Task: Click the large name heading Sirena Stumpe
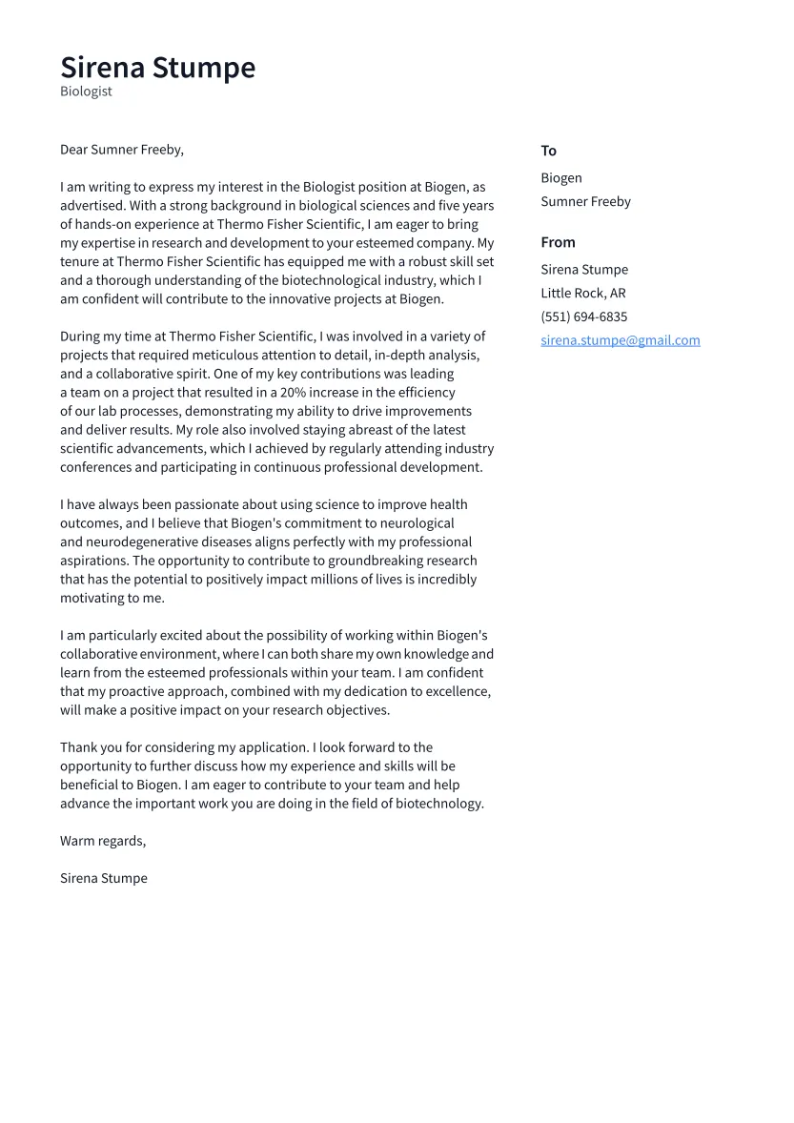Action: (x=157, y=68)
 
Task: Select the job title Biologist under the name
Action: (x=86, y=92)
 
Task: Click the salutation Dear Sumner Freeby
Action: (x=121, y=150)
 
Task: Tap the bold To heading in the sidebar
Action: (x=548, y=151)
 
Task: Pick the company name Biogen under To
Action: (x=560, y=178)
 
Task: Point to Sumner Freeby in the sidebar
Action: (x=585, y=202)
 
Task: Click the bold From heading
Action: (x=558, y=242)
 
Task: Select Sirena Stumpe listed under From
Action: (x=583, y=270)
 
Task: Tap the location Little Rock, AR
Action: (x=582, y=294)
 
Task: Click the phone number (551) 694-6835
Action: (x=583, y=317)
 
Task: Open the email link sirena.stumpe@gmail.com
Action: (x=620, y=340)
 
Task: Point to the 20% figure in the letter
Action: (x=294, y=393)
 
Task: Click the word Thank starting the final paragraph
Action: (x=78, y=748)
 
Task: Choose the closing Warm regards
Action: (x=102, y=841)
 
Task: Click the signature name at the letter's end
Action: (x=103, y=878)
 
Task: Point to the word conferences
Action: (x=96, y=468)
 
